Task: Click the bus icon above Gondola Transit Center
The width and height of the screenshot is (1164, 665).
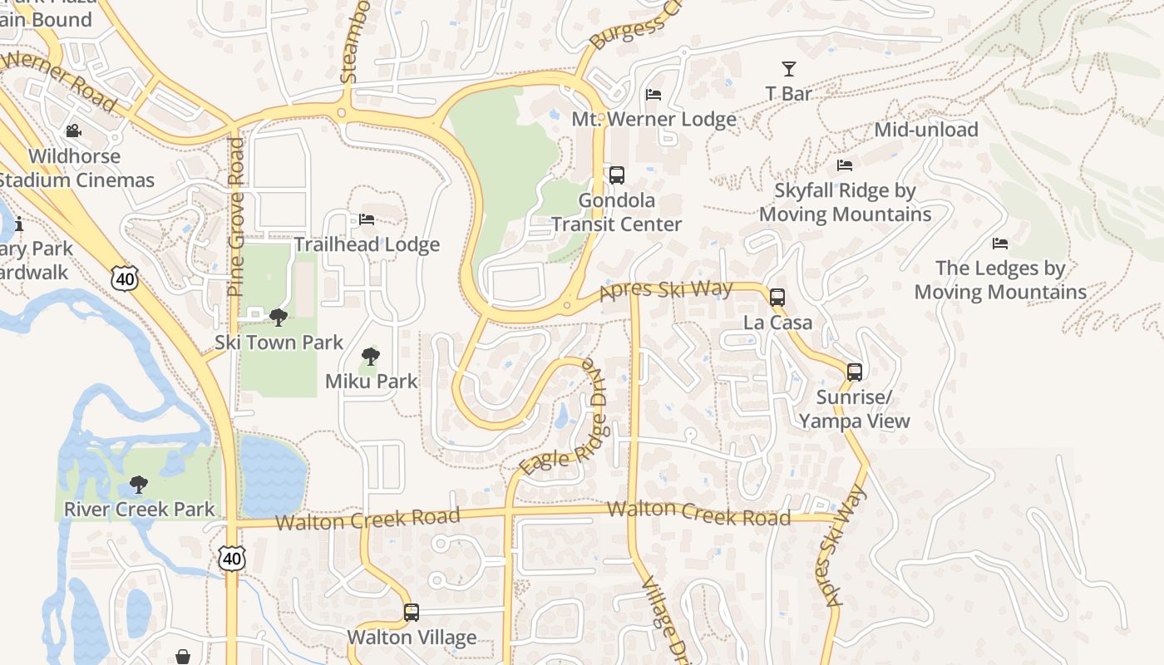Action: point(616,175)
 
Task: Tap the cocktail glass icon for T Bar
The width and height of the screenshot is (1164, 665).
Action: point(788,69)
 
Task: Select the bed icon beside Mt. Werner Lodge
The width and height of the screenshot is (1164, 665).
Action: point(654,95)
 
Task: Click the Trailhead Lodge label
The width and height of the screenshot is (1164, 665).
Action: point(367,244)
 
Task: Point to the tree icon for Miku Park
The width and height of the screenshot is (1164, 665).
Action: point(371,357)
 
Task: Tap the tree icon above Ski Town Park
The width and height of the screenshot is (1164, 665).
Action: point(279,318)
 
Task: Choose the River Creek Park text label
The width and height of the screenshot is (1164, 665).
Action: point(140,509)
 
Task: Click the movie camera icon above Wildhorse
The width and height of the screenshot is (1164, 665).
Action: point(74,131)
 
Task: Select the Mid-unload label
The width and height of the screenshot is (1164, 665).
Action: point(925,130)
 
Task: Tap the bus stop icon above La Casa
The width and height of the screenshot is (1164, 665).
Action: point(777,297)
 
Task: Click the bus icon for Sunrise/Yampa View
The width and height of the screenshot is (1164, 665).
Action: point(855,372)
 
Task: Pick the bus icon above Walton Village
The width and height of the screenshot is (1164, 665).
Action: point(412,613)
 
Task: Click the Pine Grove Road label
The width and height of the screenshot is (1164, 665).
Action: point(236,217)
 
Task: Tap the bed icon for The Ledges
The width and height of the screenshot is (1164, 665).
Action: point(1000,244)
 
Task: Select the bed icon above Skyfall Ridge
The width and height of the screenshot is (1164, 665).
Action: point(845,165)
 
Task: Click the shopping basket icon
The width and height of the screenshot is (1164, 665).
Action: point(183,657)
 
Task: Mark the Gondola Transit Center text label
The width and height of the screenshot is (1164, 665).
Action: point(616,212)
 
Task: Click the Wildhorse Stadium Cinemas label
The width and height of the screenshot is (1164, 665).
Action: point(75,168)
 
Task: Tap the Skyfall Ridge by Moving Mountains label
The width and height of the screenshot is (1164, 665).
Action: point(845,202)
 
